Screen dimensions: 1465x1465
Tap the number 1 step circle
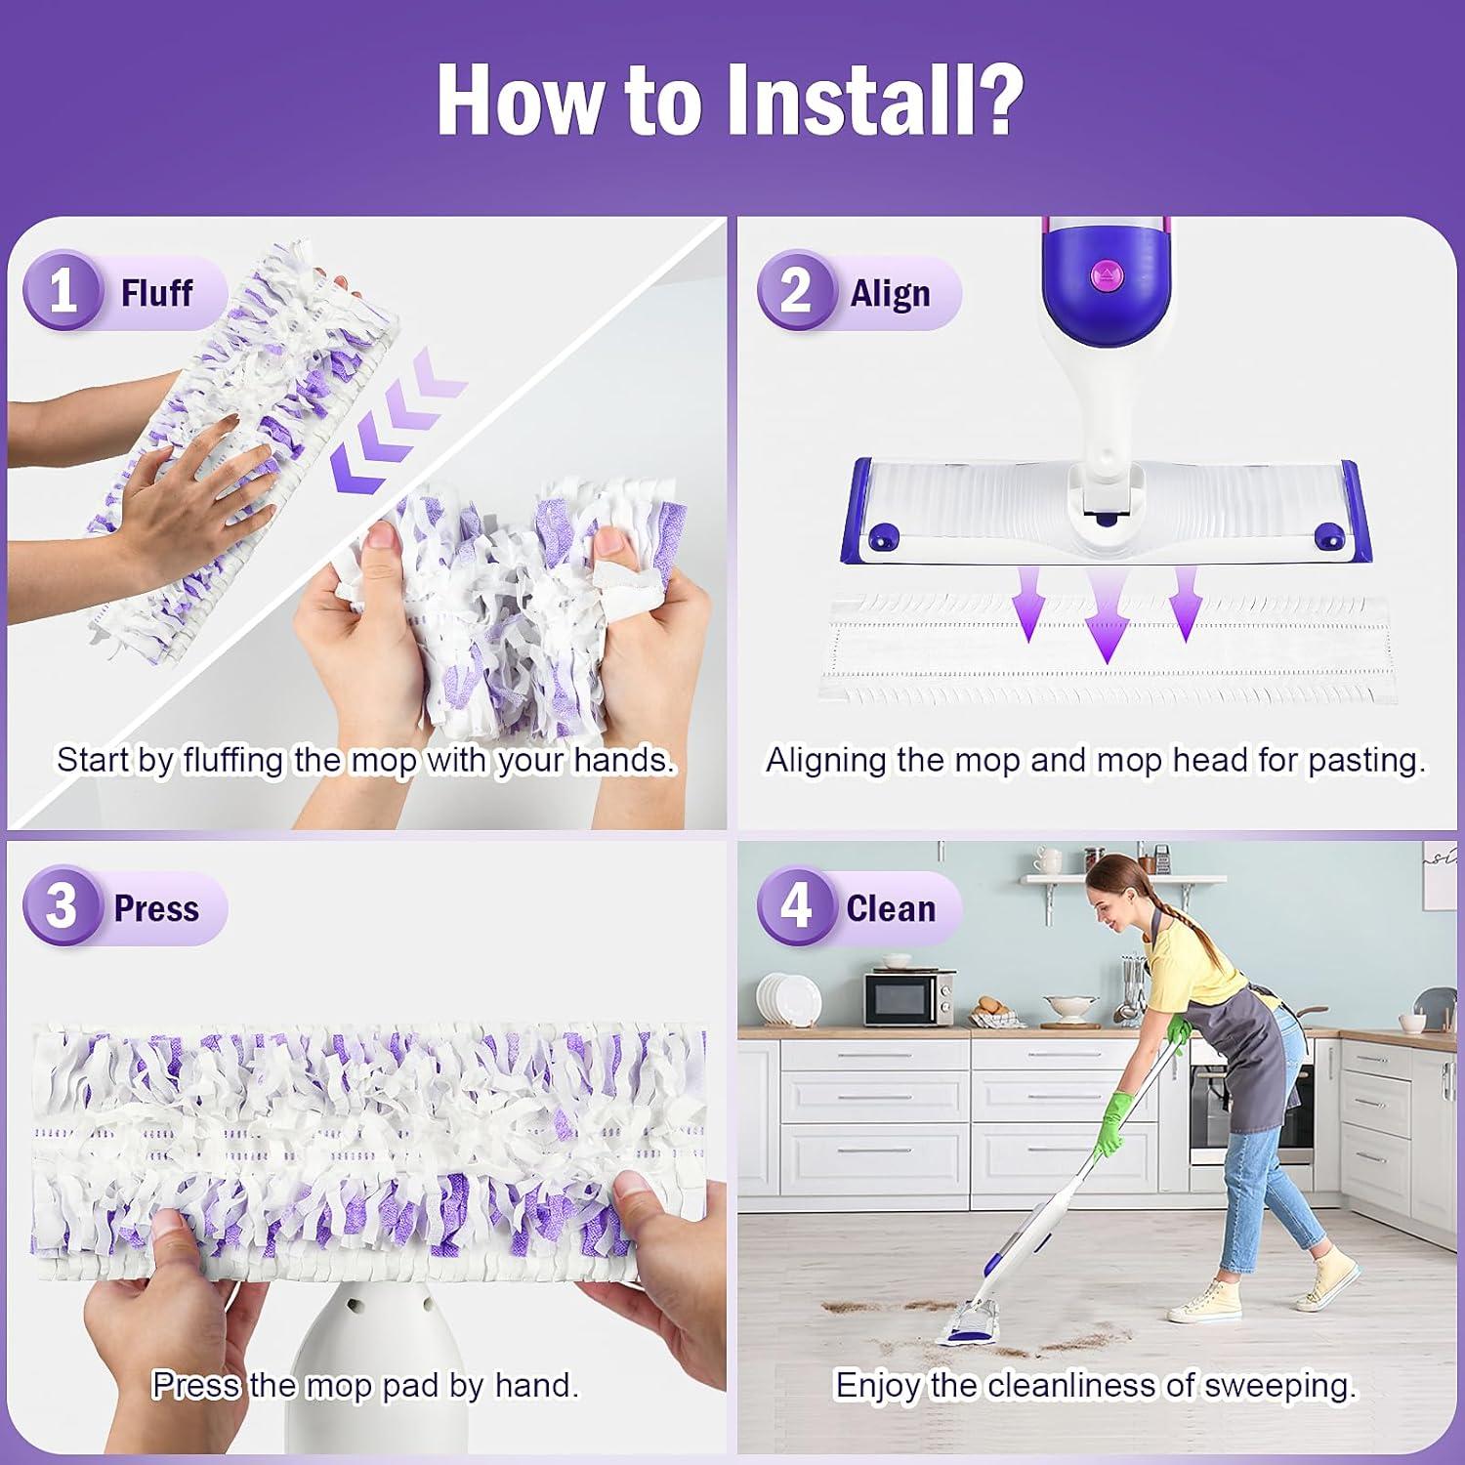(x=63, y=291)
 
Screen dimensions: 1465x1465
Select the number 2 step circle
(x=796, y=291)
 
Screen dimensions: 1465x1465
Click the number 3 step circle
(x=63, y=906)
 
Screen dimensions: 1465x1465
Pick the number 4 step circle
(x=796, y=906)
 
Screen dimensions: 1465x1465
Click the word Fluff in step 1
(x=156, y=292)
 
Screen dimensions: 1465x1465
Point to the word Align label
(x=890, y=293)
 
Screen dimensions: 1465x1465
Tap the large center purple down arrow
(x=1107, y=617)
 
